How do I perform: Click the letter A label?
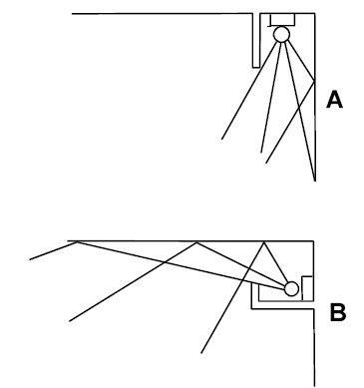pyautogui.click(x=334, y=100)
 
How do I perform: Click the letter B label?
pyautogui.click(x=338, y=312)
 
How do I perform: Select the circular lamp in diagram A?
pyautogui.click(x=281, y=35)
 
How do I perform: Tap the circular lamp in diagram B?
pyautogui.click(x=291, y=288)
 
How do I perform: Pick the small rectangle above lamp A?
pyautogui.click(x=282, y=20)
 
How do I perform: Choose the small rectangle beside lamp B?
pyautogui.click(x=307, y=288)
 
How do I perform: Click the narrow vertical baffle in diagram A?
pyautogui.click(x=256, y=40)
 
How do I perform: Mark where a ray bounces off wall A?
pyautogui.click(x=314, y=81)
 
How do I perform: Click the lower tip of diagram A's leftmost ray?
pyautogui.click(x=221, y=139)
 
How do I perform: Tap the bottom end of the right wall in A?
pyautogui.click(x=315, y=181)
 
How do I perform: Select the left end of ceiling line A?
pyautogui.click(x=72, y=14)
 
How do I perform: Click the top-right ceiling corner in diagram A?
pyautogui.click(x=315, y=14)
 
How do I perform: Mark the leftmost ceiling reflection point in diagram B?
pyautogui.click(x=77, y=241)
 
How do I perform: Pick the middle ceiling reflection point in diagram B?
pyautogui.click(x=196, y=242)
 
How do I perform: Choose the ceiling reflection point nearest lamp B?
pyautogui.click(x=264, y=242)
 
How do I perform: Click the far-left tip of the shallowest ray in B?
pyautogui.click(x=30, y=259)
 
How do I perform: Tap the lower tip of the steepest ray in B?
pyautogui.click(x=201, y=353)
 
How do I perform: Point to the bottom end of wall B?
pyautogui.click(x=314, y=386)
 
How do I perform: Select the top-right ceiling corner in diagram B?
pyautogui.click(x=313, y=240)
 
